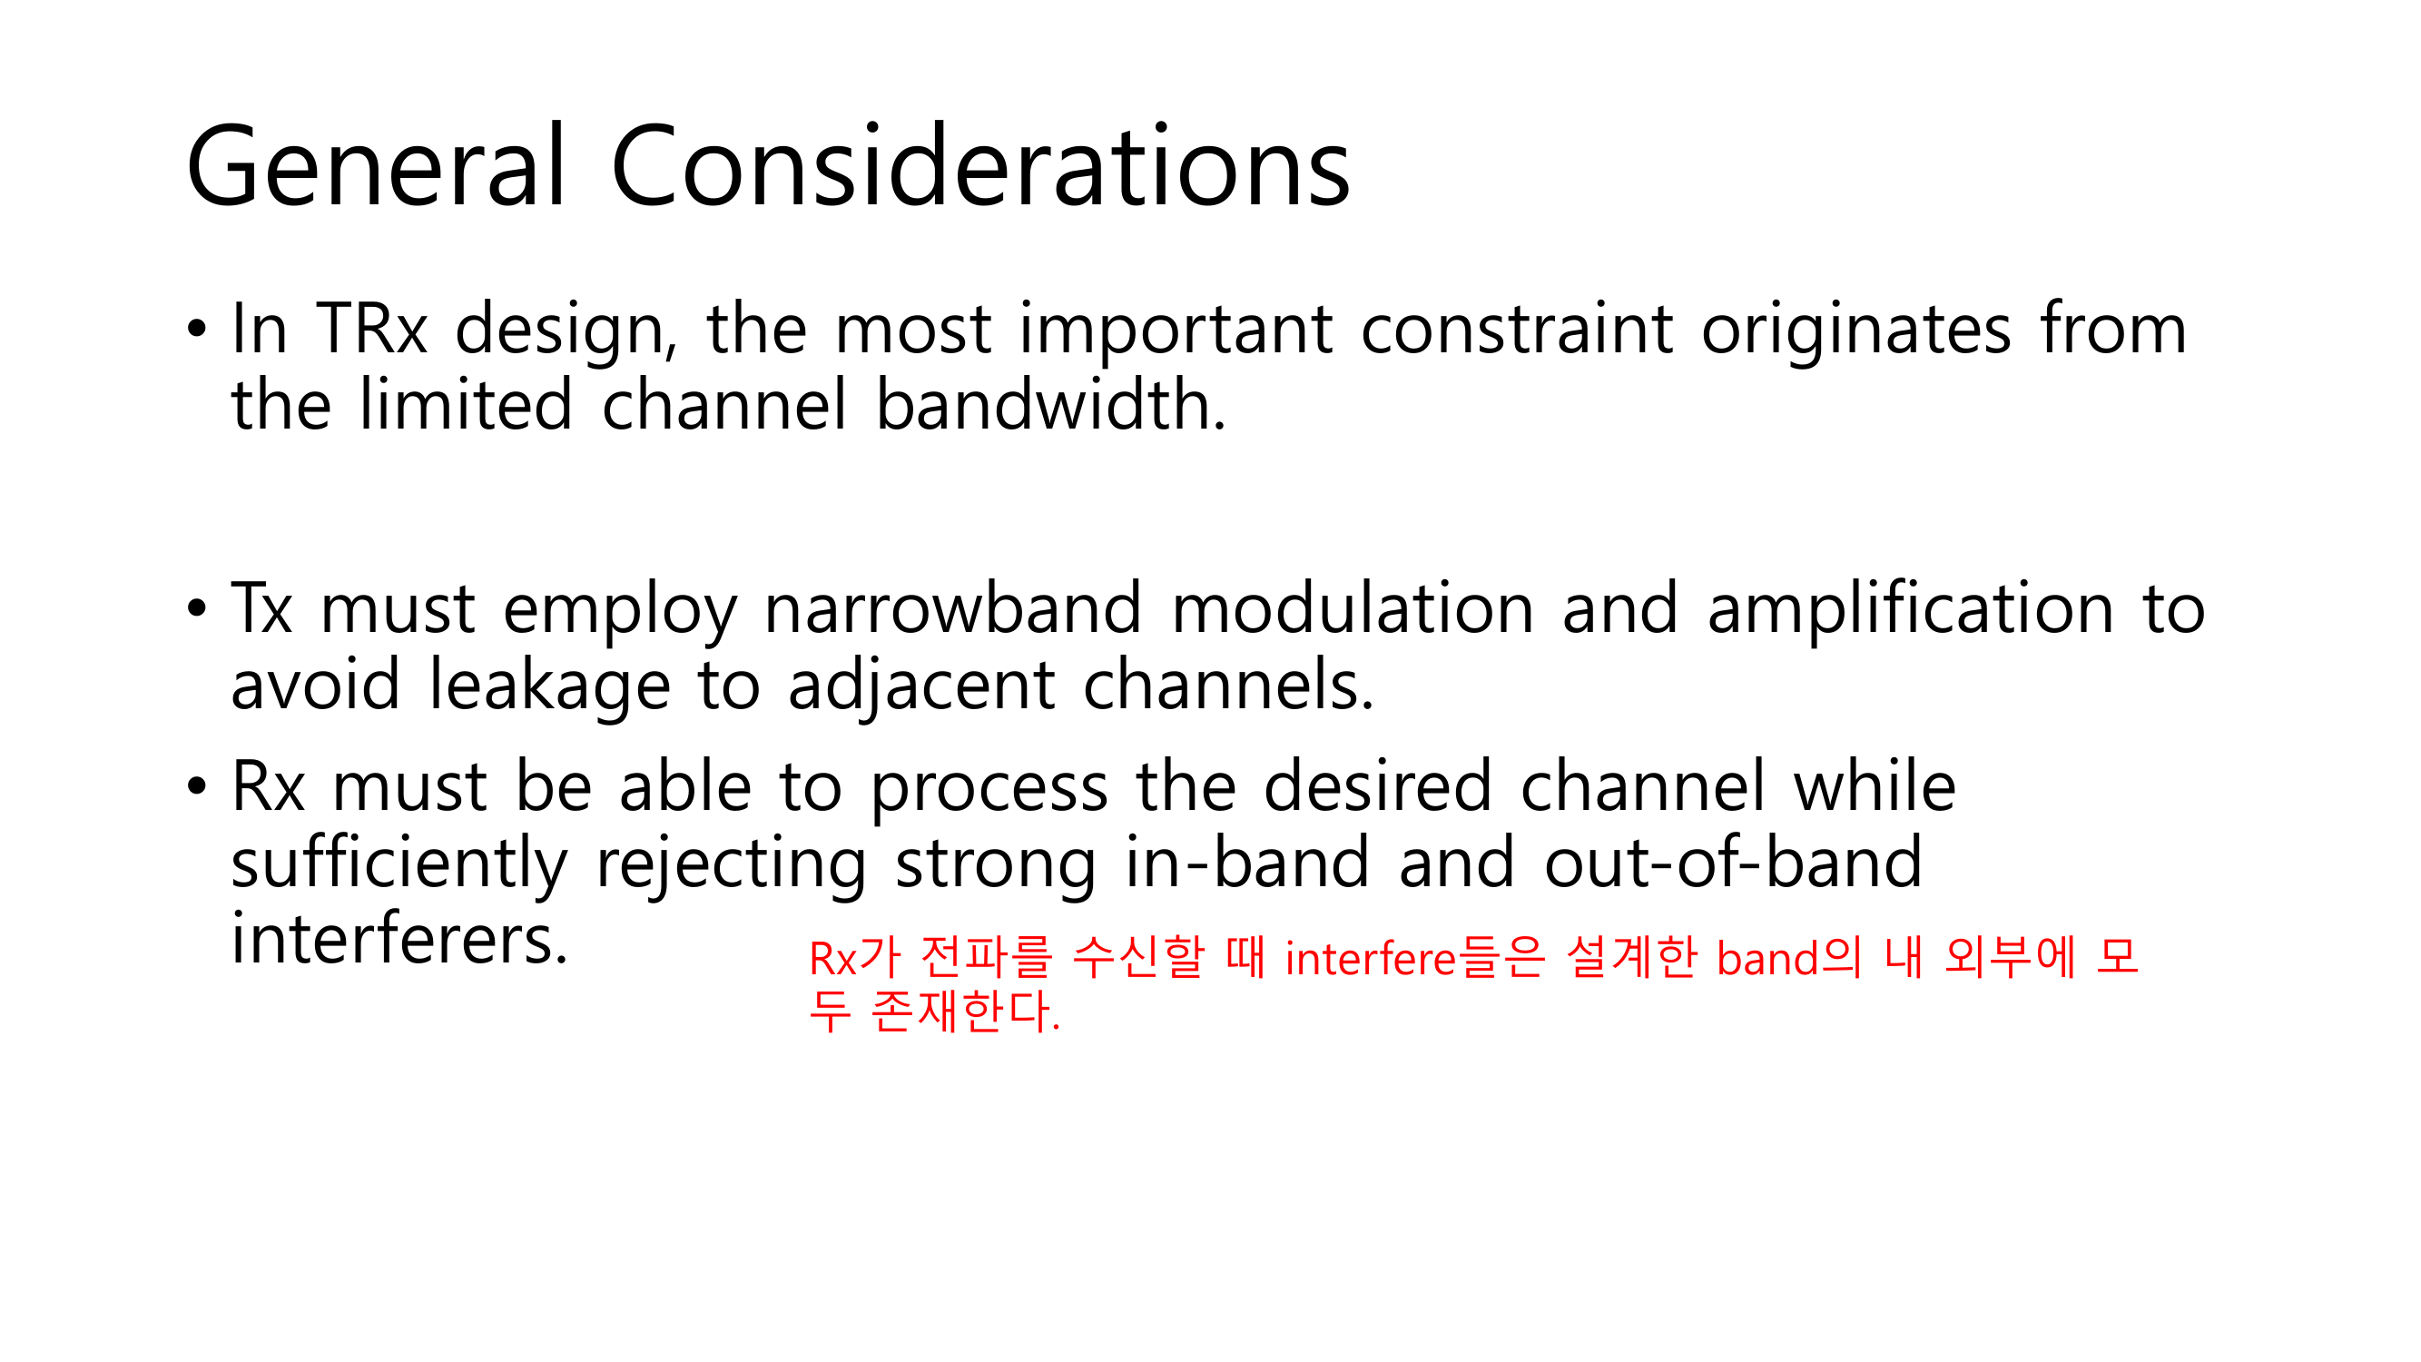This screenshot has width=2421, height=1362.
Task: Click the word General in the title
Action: (376, 166)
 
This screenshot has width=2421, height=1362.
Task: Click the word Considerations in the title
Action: (980, 166)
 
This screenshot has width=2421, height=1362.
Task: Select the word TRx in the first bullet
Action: (373, 329)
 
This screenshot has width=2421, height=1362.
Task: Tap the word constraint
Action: (1515, 329)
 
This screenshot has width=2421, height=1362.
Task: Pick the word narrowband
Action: (952, 608)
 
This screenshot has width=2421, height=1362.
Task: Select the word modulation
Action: (1353, 608)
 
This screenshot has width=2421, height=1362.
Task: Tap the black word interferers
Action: (399, 938)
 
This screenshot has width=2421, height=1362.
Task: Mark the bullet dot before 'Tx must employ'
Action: (195, 609)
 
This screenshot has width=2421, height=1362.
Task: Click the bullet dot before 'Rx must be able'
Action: (195, 786)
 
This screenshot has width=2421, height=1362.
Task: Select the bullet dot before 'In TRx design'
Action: (195, 330)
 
